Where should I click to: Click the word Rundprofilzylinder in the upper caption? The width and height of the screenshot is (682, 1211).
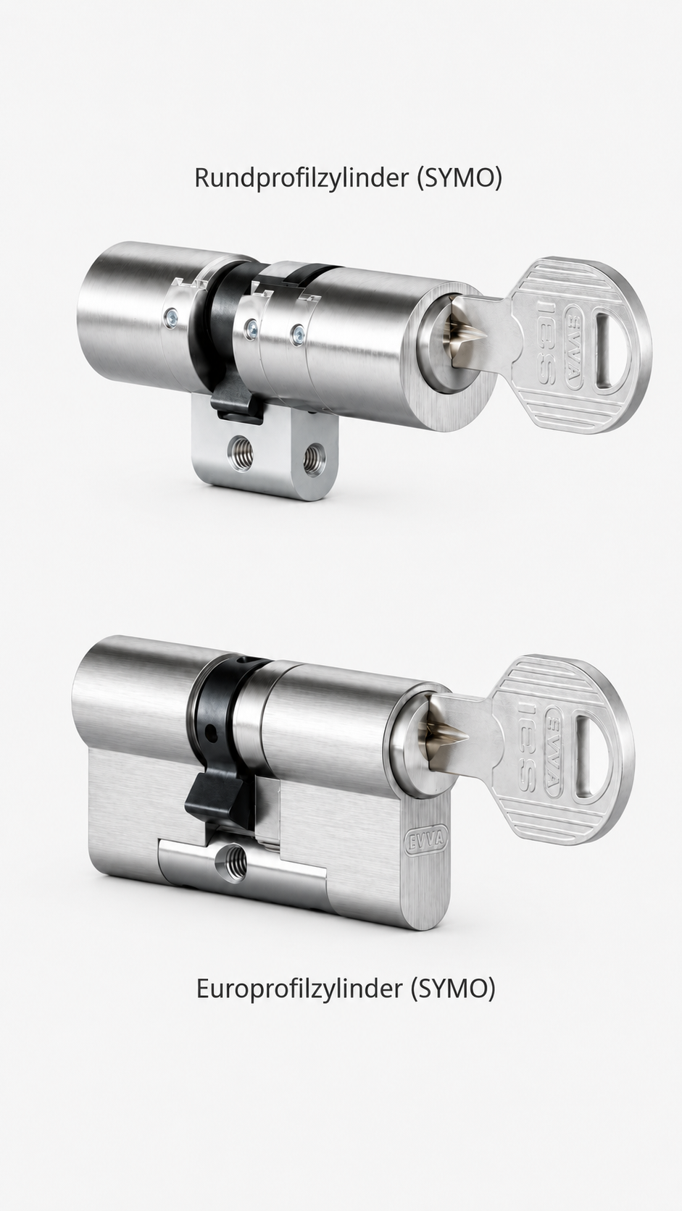(x=302, y=178)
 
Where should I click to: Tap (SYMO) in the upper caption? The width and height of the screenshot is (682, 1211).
(x=459, y=178)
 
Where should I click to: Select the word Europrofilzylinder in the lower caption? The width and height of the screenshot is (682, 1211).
(x=299, y=989)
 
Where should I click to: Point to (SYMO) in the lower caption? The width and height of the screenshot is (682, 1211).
(x=453, y=989)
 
